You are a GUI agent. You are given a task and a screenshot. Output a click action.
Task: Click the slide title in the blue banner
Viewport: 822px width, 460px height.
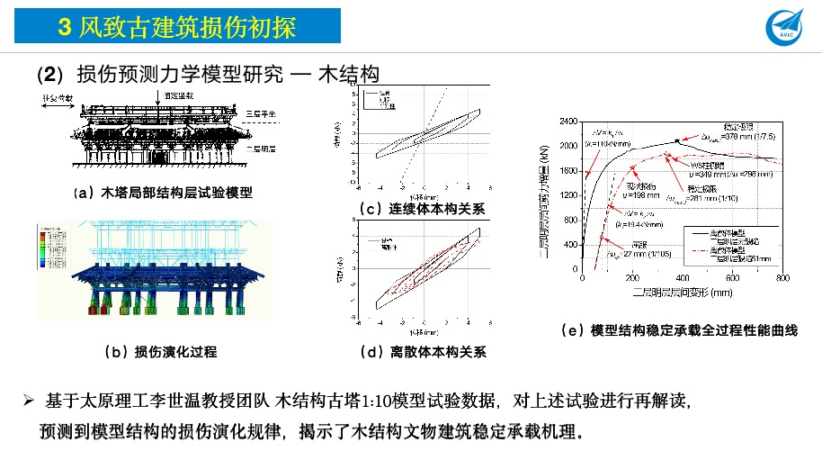tap(177, 27)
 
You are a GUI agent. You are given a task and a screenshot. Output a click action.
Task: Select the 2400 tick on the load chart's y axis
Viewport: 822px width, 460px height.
tap(567, 121)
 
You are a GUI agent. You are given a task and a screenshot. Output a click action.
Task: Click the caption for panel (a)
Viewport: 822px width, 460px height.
tap(163, 193)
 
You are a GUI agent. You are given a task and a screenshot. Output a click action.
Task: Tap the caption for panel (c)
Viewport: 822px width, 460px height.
tap(421, 209)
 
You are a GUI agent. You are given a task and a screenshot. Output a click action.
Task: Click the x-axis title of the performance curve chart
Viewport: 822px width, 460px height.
tap(682, 293)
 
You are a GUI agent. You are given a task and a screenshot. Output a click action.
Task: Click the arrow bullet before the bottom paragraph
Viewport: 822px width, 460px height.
tap(28, 398)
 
